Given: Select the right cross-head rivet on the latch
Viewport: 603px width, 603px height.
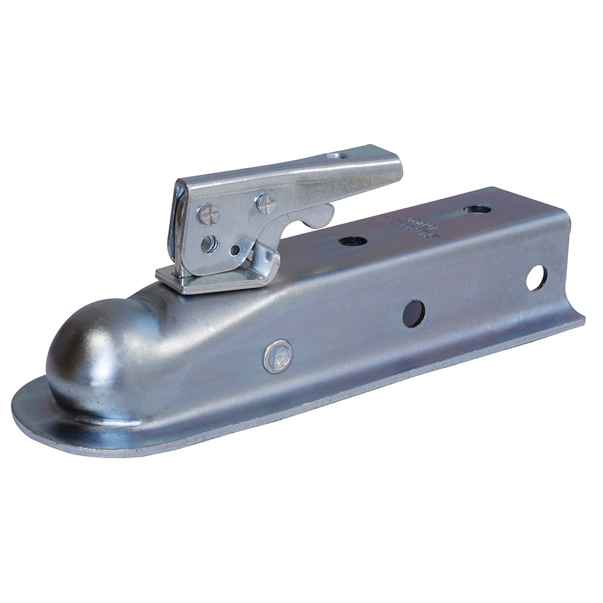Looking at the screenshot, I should click(265, 203).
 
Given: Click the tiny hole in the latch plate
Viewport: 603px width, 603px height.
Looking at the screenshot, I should click(235, 249).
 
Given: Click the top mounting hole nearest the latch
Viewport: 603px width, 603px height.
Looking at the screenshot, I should click(353, 241).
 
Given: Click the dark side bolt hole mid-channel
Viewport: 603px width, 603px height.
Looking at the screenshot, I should click(414, 314).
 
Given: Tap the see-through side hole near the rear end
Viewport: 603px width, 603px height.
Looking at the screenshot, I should click(535, 278).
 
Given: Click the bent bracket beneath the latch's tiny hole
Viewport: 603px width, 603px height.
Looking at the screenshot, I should click(262, 265).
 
